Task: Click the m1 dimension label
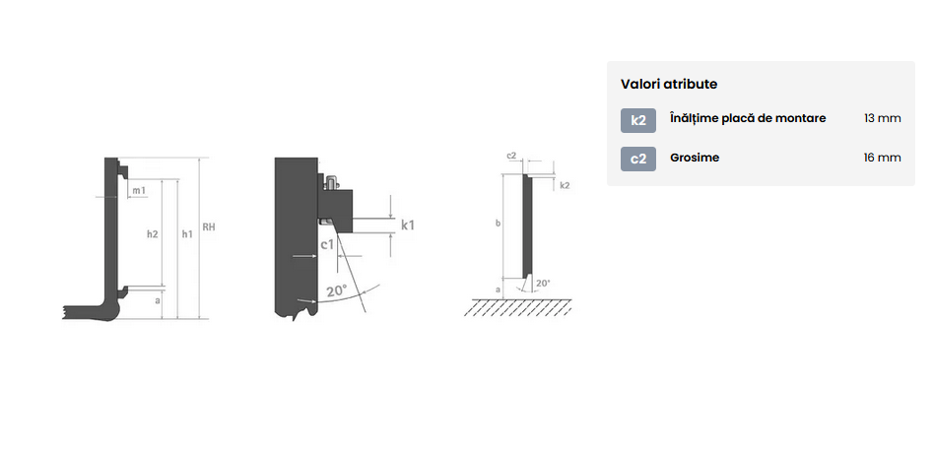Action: coord(139,190)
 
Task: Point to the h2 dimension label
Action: coord(153,234)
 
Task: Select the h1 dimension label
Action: coord(187,234)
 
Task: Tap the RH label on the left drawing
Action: coord(209,226)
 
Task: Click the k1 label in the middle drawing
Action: coord(408,225)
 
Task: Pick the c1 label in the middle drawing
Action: coord(328,244)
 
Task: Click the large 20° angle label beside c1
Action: coord(337,290)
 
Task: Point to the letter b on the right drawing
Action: coord(498,224)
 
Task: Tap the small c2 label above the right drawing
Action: coord(511,156)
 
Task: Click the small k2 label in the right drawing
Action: coord(566,186)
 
